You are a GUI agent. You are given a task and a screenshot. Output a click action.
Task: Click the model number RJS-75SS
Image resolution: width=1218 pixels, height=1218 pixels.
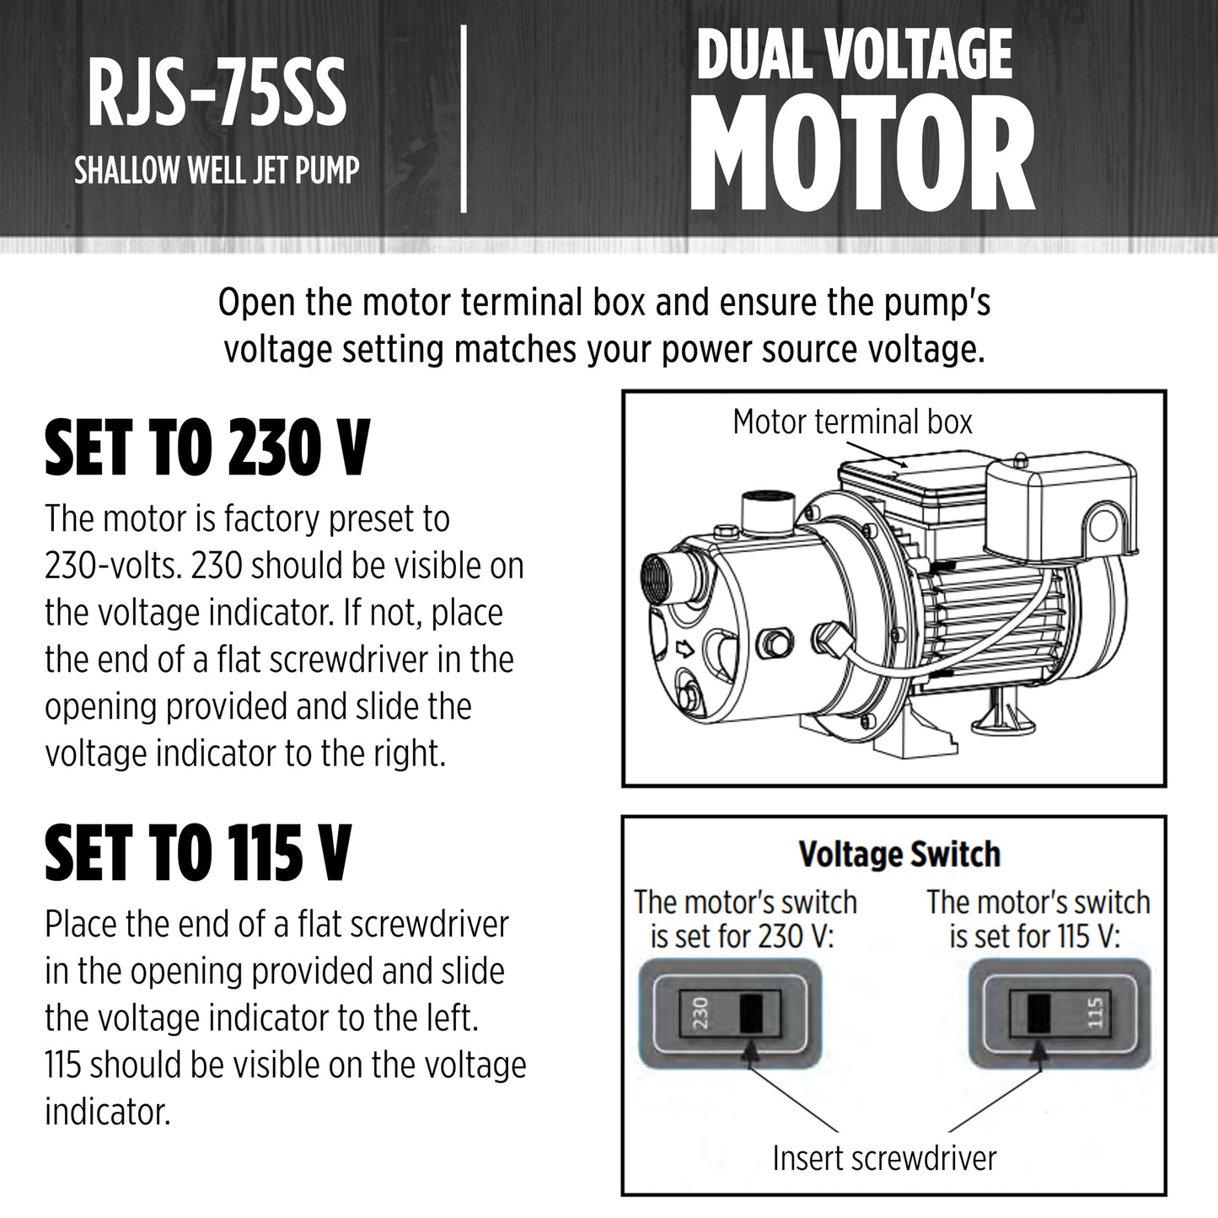click(217, 92)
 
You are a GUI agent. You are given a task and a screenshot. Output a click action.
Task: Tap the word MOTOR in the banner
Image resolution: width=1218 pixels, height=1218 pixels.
click(862, 154)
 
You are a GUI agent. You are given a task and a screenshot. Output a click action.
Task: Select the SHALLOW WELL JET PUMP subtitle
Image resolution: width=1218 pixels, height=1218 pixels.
click(217, 169)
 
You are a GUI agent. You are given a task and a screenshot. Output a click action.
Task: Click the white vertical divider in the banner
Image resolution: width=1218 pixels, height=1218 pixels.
click(464, 119)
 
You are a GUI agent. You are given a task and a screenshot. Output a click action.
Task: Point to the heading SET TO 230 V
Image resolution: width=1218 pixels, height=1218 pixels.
click(207, 448)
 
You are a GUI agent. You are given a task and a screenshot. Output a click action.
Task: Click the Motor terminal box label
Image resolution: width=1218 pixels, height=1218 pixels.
click(852, 421)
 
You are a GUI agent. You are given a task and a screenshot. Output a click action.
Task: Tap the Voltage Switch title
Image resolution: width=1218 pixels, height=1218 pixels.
click(899, 854)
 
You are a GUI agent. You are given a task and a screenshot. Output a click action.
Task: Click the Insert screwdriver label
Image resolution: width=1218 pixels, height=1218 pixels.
click(884, 1159)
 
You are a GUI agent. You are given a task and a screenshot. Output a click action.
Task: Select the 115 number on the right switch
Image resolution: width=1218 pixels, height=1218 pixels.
click(1096, 1012)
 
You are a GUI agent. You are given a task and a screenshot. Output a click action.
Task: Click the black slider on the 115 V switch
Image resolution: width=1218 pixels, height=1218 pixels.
click(1039, 1013)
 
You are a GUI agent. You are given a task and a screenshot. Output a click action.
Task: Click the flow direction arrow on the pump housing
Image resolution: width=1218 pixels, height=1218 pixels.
click(685, 648)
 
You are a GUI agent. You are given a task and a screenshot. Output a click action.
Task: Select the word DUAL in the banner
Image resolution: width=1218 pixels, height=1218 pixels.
click(751, 56)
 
